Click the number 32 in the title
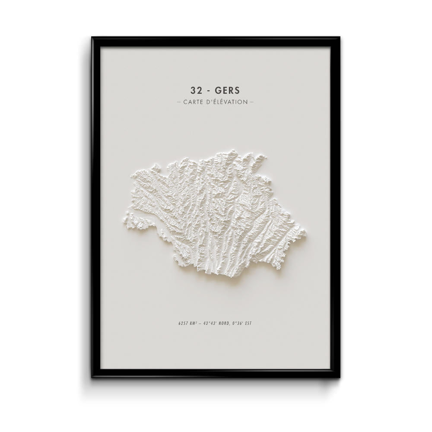pyautogui.click(x=195, y=91)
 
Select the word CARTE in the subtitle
pyautogui.click(x=194, y=102)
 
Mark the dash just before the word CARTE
pyautogui.click(x=179, y=102)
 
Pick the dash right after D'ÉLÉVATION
pyautogui.click(x=252, y=102)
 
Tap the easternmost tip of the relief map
pyautogui.click(x=306, y=235)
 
